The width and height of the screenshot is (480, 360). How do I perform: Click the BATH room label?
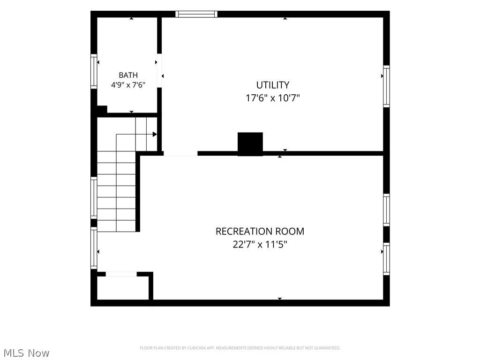point(128,75)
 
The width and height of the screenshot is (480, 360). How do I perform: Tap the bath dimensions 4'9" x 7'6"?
point(128,85)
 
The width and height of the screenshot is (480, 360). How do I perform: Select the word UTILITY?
point(273,85)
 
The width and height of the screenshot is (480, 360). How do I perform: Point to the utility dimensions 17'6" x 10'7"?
point(273,98)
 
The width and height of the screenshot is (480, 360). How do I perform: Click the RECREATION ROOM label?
point(260,231)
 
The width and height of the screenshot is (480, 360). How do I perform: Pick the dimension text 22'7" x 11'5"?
point(260,245)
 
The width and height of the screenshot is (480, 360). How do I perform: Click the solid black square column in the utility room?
point(250,144)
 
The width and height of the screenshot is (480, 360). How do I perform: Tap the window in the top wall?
point(196,14)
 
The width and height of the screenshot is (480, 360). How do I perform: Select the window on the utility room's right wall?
point(387,86)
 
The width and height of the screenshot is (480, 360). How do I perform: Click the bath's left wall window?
point(94,72)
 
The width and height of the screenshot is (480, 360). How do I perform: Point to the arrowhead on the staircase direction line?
point(155,135)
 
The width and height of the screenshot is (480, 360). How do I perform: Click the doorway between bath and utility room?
point(159,71)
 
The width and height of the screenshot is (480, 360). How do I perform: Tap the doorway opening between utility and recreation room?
point(180,153)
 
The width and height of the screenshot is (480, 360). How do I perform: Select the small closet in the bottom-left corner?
point(123,288)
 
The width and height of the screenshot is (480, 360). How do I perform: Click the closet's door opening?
point(121,274)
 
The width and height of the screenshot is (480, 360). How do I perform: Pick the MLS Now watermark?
point(26,353)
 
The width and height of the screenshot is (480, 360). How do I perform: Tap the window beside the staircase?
point(94,198)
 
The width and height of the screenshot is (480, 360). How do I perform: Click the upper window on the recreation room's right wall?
point(387,210)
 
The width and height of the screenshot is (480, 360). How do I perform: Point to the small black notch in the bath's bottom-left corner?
point(102,109)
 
